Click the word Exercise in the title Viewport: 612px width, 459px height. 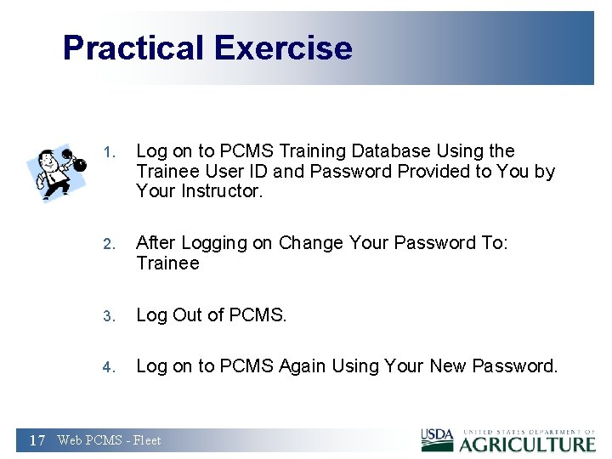283,48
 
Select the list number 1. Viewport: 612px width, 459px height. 107,153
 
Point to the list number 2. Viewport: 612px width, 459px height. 107,244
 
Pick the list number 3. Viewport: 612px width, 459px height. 107,316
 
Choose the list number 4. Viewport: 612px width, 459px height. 107,367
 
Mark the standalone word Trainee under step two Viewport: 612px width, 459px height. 167,263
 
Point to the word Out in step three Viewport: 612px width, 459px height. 188,315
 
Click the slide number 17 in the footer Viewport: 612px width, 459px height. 37,440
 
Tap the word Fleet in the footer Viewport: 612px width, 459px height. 146,440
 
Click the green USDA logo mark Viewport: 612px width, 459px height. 438,440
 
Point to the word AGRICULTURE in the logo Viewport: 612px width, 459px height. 528,444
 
